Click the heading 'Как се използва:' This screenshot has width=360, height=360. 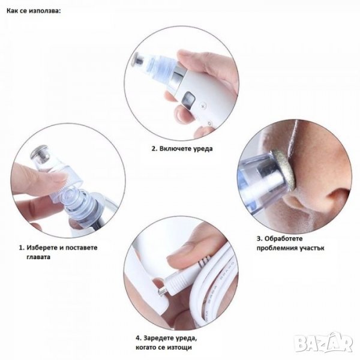click(x=34, y=11)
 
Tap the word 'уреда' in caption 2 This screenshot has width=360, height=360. click(x=203, y=149)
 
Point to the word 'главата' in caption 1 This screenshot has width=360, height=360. click(x=38, y=257)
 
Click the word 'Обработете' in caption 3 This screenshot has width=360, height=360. click(x=283, y=239)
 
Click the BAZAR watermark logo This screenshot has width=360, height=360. click(x=324, y=343)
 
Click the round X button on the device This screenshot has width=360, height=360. click(x=203, y=106)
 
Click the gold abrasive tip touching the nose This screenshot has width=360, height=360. click(x=284, y=170)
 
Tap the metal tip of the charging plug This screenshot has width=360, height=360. click(x=162, y=292)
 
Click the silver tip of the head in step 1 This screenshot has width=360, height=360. click(x=41, y=154)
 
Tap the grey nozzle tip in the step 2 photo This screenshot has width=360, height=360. click(x=139, y=59)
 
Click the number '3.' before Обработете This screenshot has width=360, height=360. click(x=259, y=239)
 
